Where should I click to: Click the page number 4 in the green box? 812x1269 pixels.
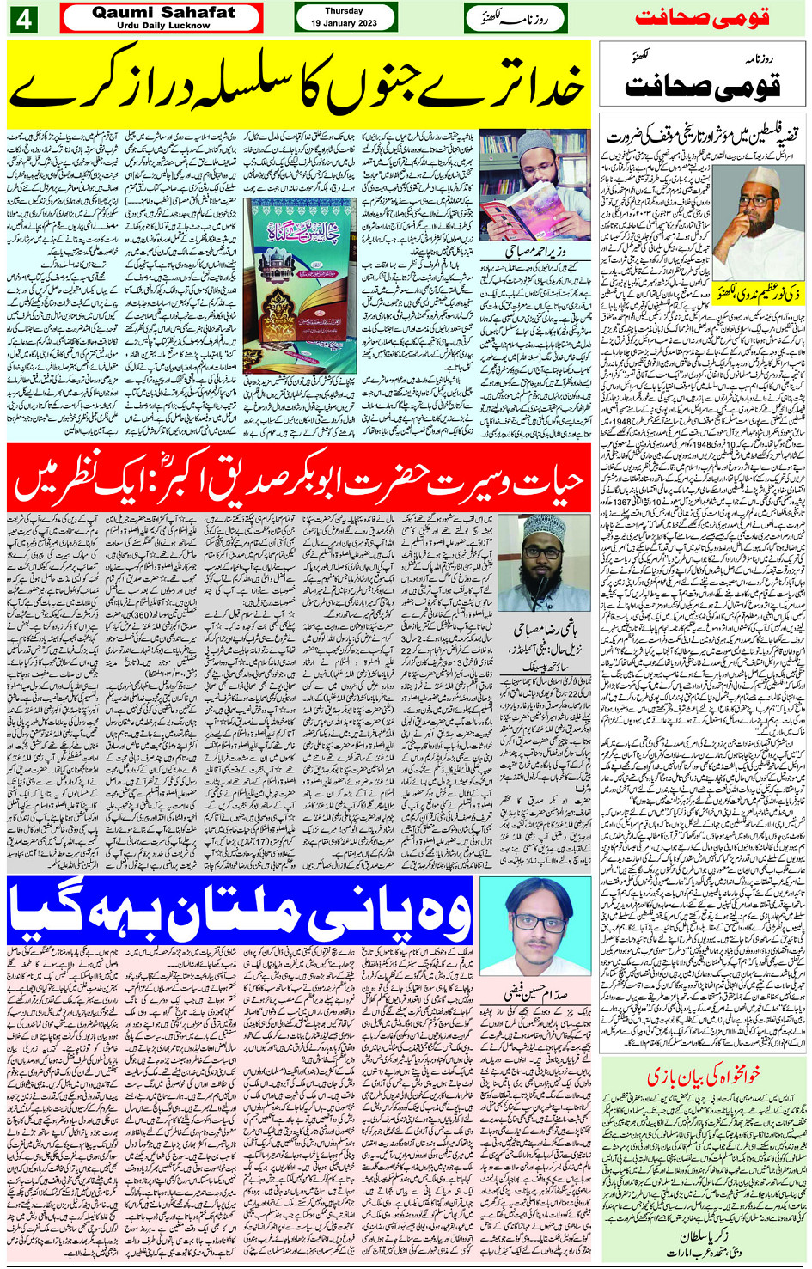[23, 19]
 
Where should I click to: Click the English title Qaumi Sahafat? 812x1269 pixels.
[163, 13]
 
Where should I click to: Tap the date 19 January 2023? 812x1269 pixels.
[344, 23]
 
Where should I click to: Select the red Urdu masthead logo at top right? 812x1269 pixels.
[702, 18]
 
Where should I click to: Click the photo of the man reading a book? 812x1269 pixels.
[534, 186]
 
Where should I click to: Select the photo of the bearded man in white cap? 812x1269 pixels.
[544, 562]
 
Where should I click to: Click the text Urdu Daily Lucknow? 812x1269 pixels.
[163, 26]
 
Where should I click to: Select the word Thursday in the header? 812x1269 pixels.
[344, 11]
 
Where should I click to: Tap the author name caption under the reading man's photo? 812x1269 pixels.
[534, 253]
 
